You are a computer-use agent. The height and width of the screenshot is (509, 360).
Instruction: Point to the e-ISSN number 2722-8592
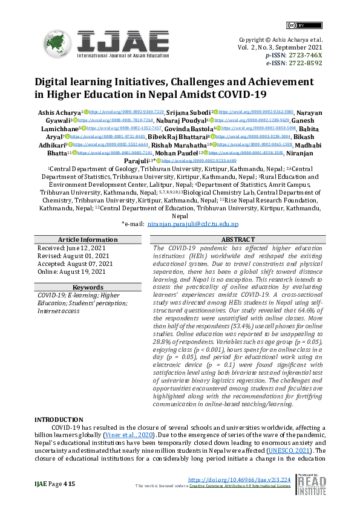click(307, 62)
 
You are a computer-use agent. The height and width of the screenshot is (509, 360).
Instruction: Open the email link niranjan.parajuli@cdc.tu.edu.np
click(193, 207)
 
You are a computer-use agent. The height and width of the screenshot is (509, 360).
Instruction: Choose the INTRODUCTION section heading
click(59, 420)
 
